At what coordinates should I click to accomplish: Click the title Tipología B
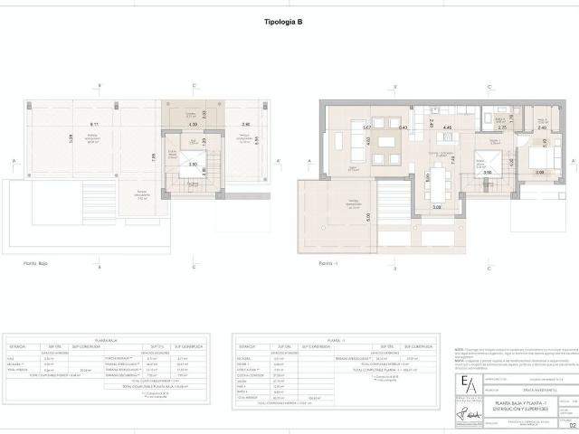pos(289,24)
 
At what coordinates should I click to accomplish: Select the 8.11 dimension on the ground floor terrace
pos(94,123)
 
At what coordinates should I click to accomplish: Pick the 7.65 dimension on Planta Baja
pos(154,156)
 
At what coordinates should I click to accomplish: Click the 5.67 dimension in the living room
pos(366,127)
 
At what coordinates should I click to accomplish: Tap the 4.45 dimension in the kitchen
pos(446,127)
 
